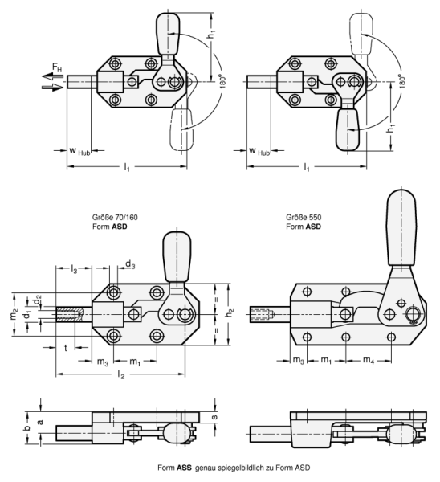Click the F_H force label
click(57, 67)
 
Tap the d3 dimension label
click(130, 264)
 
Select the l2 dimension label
click(121, 374)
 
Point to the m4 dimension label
click(368, 360)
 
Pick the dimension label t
click(66, 348)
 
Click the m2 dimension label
click(14, 314)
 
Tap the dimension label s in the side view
click(214, 417)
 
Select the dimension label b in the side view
click(27, 428)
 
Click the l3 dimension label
click(74, 270)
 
